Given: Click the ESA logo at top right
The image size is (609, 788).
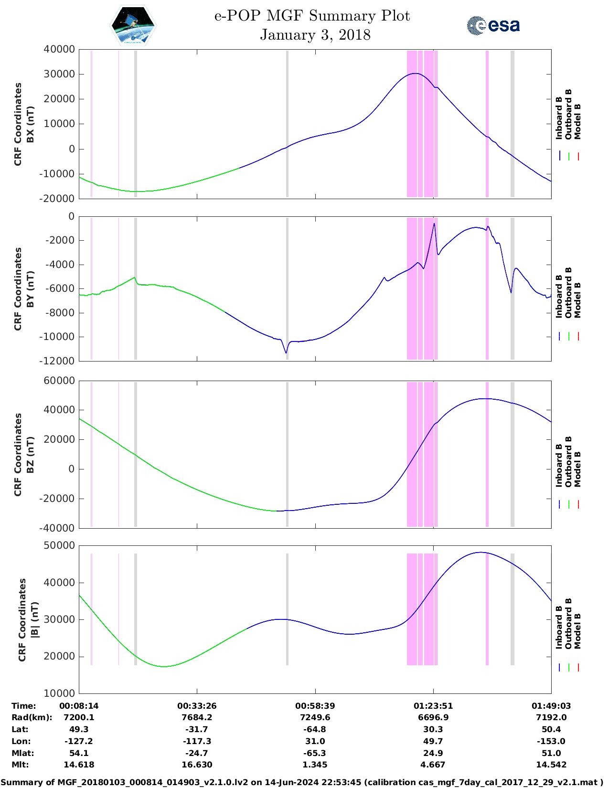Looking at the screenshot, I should [493, 25].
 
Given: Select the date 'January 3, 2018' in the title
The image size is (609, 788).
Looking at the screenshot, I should [315, 35].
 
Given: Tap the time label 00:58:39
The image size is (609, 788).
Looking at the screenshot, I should [315, 706].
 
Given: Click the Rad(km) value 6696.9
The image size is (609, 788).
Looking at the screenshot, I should [433, 717].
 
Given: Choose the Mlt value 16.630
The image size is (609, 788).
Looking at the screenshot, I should [197, 765].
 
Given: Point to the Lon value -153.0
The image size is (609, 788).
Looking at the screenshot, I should [551, 741].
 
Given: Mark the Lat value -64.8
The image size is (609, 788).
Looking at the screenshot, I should [315, 729].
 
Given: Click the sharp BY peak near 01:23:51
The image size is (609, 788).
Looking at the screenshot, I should [434, 224].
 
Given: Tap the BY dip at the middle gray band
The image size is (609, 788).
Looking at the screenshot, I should [286, 353].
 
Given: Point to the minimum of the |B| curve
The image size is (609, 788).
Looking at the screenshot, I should [165, 666].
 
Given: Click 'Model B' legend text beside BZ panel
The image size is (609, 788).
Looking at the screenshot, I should [577, 469].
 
